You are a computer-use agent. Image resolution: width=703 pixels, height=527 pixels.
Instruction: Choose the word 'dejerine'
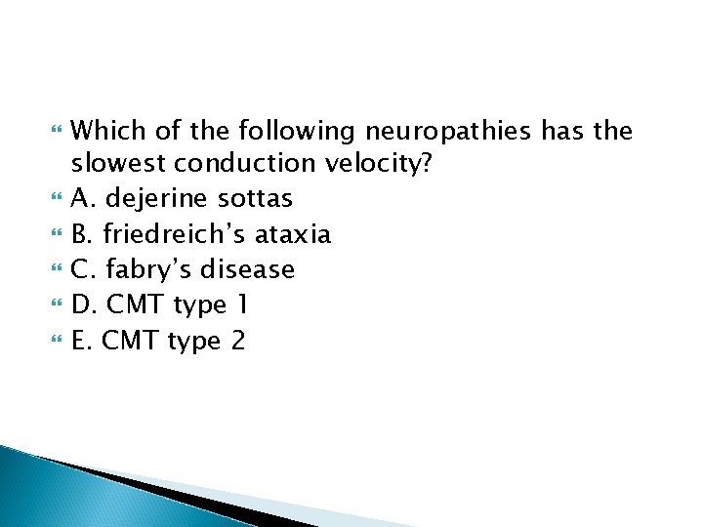[x=159, y=199]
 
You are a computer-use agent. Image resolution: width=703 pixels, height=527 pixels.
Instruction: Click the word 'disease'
[x=247, y=269]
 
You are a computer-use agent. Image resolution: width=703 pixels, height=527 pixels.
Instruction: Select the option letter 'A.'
[x=85, y=199]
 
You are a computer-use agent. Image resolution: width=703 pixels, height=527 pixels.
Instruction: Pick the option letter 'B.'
[x=84, y=234]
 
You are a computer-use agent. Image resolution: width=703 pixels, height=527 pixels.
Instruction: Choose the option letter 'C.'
[x=84, y=269]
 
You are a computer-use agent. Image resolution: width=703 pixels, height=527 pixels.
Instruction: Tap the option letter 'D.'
[x=86, y=305]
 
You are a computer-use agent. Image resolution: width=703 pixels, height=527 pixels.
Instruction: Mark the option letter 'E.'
[x=84, y=341]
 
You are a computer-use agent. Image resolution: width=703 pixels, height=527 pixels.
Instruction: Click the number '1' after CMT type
[x=241, y=305]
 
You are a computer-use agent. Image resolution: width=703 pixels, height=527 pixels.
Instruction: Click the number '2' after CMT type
[x=239, y=341]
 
